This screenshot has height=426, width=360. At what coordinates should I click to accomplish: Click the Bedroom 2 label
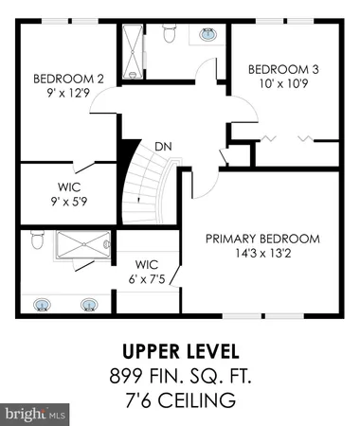(67, 79)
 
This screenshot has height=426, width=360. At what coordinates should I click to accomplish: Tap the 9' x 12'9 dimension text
(67, 93)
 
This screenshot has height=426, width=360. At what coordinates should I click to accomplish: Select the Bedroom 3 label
(281, 69)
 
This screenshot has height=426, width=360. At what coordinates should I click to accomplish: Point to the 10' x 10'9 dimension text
(281, 83)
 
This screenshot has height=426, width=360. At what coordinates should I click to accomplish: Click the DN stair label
(163, 146)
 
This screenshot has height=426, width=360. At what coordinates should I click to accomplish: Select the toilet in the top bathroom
(170, 35)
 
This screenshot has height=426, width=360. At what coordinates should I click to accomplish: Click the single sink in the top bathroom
(207, 35)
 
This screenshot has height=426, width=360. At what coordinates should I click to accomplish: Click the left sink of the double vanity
(43, 305)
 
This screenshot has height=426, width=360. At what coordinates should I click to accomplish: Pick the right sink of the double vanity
(90, 305)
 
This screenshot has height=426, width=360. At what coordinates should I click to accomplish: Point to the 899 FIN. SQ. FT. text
(180, 377)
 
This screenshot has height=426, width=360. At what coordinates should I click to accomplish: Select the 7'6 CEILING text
(180, 399)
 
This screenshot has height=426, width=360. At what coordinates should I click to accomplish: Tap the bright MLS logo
(35, 414)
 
